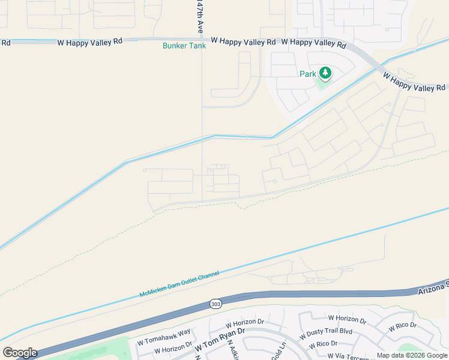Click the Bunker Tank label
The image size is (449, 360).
tap(184, 46)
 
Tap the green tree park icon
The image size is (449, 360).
tap(325, 73)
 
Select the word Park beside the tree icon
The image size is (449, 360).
tap(307, 74)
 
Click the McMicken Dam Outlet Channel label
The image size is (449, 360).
tap(179, 284)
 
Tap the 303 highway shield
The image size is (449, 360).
tap(215, 304)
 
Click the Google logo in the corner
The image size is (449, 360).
tap(20, 352)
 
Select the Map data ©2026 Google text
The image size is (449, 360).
tap(412, 355)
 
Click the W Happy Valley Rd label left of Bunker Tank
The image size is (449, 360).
tap(90, 42)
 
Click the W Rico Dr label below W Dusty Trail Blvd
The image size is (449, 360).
tap(322, 345)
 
